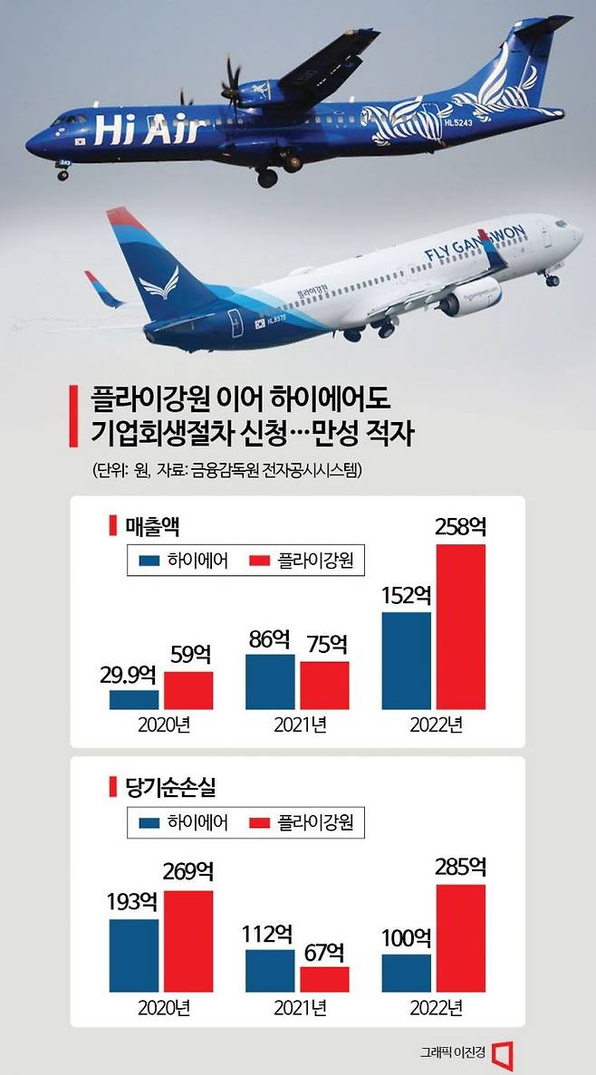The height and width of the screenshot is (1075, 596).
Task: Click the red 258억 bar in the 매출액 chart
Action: pos(461,627)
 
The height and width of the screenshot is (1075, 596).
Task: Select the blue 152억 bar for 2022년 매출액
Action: pos(407,660)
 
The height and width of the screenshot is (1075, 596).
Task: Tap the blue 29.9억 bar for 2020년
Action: pos(134,699)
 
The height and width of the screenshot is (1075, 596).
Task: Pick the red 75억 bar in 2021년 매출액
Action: pos(324,685)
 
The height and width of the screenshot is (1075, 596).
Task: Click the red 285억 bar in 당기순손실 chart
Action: pos(461,938)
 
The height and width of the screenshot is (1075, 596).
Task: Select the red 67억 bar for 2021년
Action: pos(324,979)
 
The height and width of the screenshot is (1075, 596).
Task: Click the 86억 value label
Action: pos(270,640)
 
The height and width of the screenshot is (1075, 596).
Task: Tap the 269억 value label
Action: pos(188,874)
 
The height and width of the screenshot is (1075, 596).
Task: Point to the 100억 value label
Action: pos(407,939)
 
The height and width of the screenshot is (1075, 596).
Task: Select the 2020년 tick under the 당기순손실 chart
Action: pos(161,1007)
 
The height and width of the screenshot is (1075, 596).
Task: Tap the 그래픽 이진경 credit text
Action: pos(452,1052)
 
